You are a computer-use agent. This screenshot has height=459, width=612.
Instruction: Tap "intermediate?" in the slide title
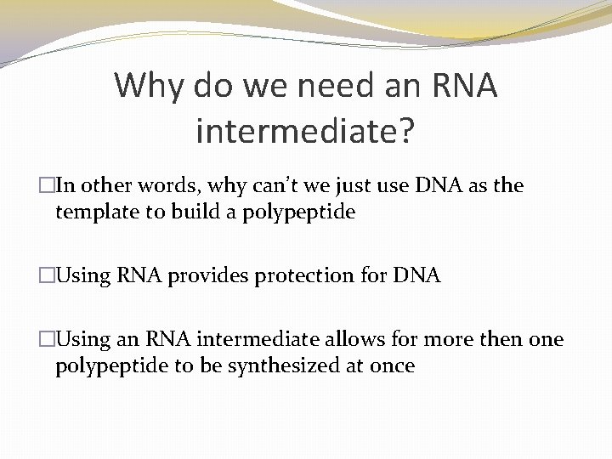click(x=305, y=131)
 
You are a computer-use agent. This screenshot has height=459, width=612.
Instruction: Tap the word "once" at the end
click(x=393, y=365)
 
